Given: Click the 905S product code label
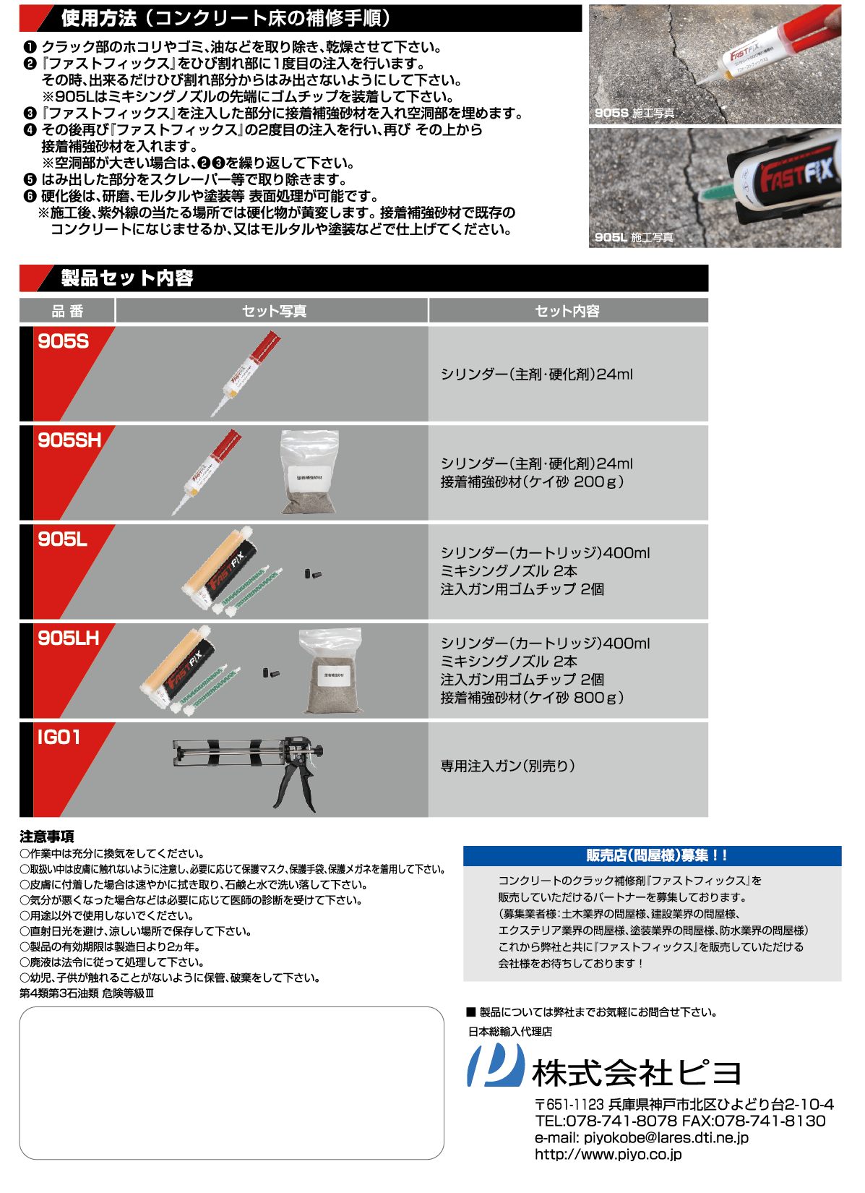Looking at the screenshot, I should (63, 341).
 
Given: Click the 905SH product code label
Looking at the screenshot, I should (69, 440).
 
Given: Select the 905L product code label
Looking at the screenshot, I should (62, 539).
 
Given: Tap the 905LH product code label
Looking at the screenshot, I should (68, 638).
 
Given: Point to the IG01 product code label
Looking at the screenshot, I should (59, 737).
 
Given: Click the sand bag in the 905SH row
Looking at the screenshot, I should (309, 473).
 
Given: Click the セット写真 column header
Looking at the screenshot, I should (273, 311).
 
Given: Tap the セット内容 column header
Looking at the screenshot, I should (567, 311).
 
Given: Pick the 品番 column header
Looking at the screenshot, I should (67, 311).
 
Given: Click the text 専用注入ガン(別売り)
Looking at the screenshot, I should (507, 766).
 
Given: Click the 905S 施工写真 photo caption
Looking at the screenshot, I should (634, 113).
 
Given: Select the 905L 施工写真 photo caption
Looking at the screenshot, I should (633, 237).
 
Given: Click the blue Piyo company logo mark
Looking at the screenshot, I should (495, 1066).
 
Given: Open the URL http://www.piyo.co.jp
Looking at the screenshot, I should (608, 1155).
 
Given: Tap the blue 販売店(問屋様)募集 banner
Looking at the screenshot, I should (652, 855).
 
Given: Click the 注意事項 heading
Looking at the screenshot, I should (47, 837).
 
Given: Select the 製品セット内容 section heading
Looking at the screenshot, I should (127, 278).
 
